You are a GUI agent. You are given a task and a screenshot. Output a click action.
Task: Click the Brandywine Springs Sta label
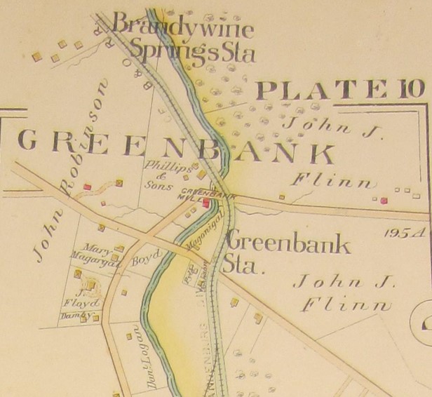tap(184, 39)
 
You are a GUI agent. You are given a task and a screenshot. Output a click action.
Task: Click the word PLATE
tap(321, 90)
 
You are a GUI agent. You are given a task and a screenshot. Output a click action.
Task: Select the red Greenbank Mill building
tap(206, 203)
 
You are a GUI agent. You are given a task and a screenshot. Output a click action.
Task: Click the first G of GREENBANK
tap(27, 142)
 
